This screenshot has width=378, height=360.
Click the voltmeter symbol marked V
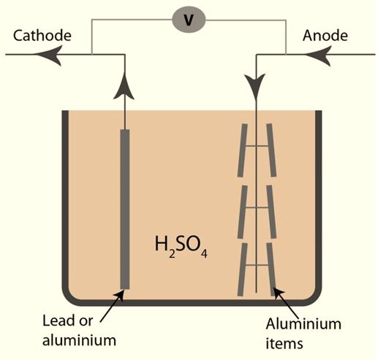coord(189,20)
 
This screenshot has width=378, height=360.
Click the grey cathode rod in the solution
coord(124,208)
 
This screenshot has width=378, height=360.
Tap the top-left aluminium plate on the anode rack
coord(243,150)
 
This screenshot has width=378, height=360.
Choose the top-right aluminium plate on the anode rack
coord(271,150)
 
